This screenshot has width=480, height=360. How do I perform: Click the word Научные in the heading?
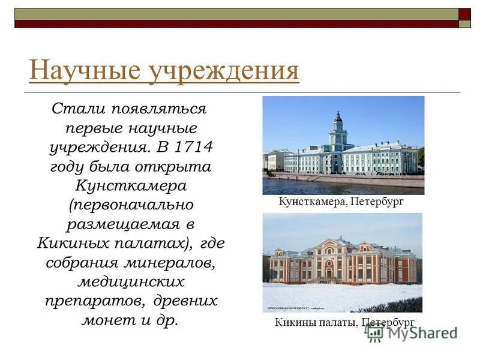[71, 70]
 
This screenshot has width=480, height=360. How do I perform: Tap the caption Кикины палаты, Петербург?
[344, 322]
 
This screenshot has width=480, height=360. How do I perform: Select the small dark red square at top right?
[464, 13]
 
